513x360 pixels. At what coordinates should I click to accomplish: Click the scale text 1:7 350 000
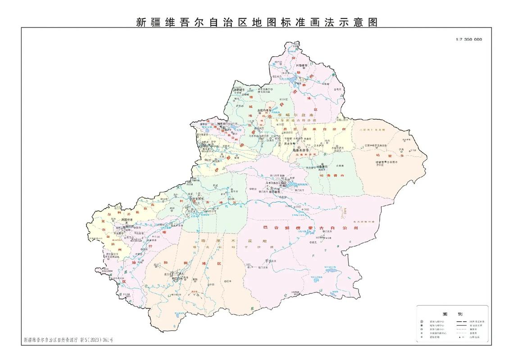468,39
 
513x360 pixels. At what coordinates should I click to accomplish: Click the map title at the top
256,22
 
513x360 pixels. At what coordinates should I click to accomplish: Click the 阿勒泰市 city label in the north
301,65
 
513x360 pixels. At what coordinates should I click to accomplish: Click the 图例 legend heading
453,313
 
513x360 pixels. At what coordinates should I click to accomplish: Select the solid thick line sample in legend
461,322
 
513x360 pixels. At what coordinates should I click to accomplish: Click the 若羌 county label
311,243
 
